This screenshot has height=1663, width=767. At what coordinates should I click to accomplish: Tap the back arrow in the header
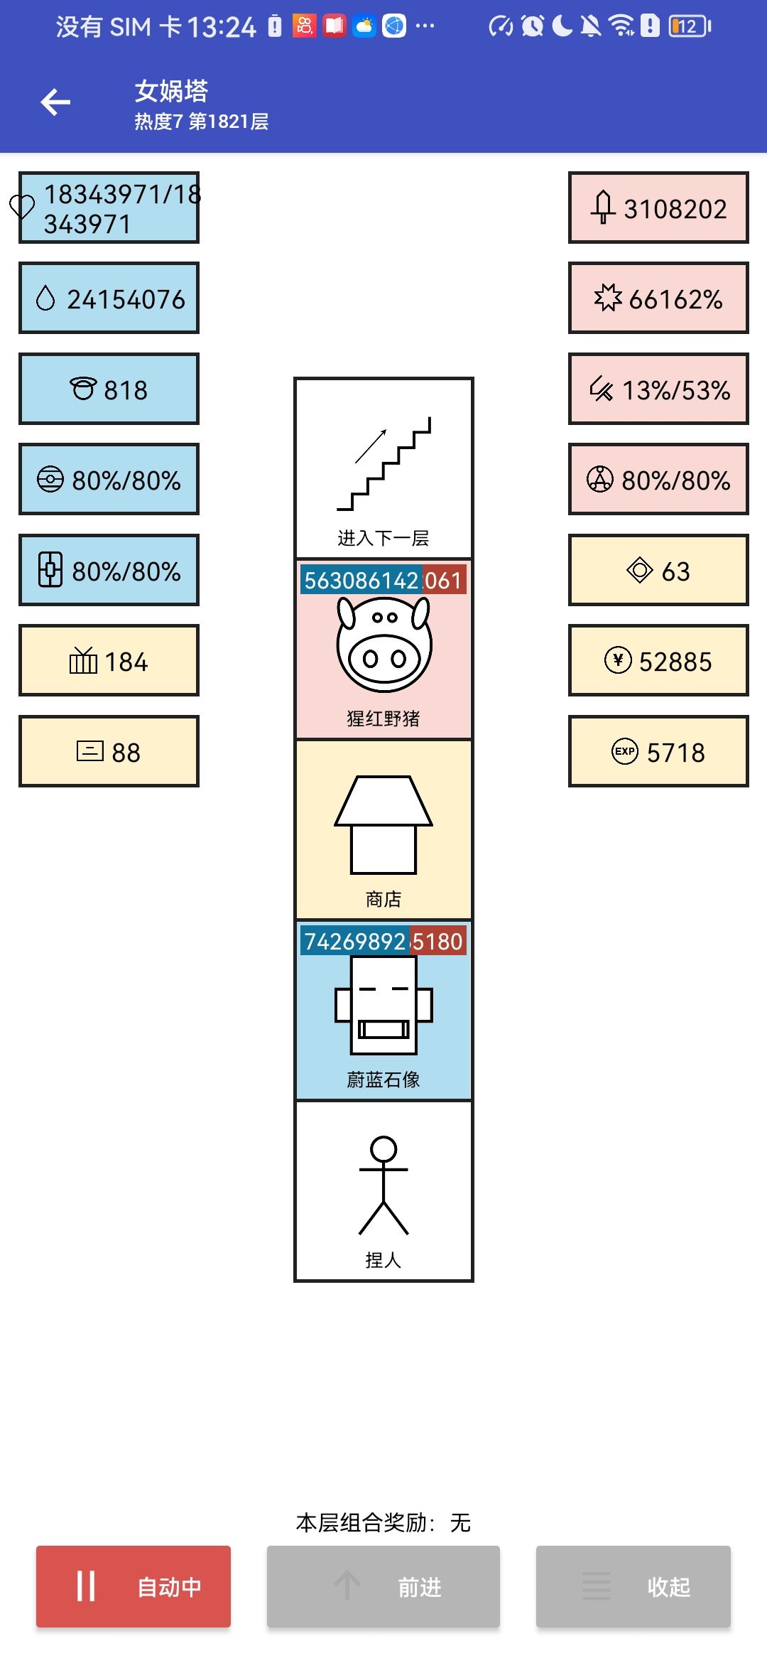tap(55, 102)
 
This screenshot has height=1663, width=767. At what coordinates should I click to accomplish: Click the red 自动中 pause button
tap(134, 1586)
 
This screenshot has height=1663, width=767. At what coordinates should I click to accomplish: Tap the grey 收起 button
tap(633, 1586)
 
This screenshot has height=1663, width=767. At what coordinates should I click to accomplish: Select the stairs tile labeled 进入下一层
tap(383, 468)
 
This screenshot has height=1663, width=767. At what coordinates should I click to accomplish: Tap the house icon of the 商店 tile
tap(383, 824)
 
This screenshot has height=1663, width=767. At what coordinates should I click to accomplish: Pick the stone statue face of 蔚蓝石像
tap(383, 1005)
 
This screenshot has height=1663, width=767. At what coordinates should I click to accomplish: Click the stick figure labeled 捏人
tap(383, 1185)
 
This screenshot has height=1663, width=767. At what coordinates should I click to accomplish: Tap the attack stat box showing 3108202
tap(658, 208)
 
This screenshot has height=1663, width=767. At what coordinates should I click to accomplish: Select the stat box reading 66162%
tap(658, 298)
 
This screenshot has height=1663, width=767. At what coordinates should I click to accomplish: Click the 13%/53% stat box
tap(658, 389)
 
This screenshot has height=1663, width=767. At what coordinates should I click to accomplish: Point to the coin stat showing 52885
tap(658, 661)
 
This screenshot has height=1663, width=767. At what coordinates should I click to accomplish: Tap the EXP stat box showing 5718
tap(658, 751)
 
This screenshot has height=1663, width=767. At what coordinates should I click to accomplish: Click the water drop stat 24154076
tap(109, 298)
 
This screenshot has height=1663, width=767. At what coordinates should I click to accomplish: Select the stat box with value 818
tap(109, 389)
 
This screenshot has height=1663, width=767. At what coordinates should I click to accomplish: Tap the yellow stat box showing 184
tap(109, 661)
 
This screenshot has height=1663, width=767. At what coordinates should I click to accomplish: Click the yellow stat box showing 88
tap(109, 751)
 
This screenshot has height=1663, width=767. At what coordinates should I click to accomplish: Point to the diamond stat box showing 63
tap(658, 570)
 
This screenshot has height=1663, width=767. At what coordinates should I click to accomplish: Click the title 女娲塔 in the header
tap(171, 91)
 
